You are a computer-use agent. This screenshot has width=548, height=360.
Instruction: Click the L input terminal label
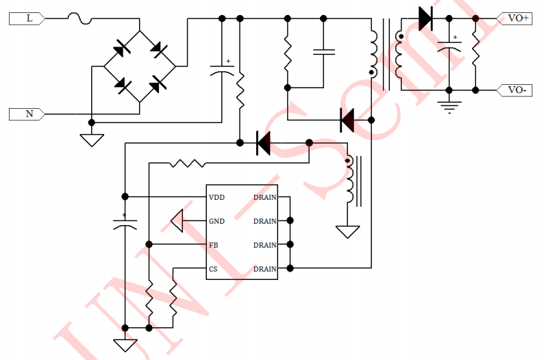pyautogui.click(x=28, y=19)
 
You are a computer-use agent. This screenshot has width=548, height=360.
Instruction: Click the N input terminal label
pyautogui.click(x=28, y=114)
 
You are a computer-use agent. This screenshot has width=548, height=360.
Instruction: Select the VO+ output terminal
pyautogui.click(x=517, y=18)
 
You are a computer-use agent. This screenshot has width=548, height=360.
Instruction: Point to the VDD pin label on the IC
pyautogui.click(x=217, y=197)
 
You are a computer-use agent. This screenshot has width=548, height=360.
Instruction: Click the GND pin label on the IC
pyautogui.click(x=217, y=221)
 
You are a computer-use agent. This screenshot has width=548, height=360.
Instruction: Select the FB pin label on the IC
pyautogui.click(x=214, y=245)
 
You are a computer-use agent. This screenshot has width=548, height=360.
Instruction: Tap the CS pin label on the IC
pyautogui.click(x=213, y=269)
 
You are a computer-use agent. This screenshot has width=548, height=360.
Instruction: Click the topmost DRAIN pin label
pyautogui.click(x=264, y=197)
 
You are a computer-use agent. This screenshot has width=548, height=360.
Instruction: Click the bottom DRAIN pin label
pyautogui.click(x=264, y=269)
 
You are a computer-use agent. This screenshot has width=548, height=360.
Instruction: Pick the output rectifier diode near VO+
pyautogui.click(x=425, y=18)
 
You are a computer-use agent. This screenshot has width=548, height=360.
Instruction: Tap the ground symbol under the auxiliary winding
pyautogui.click(x=348, y=231)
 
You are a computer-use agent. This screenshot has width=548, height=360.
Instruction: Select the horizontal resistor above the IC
pyautogui.click(x=188, y=163)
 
